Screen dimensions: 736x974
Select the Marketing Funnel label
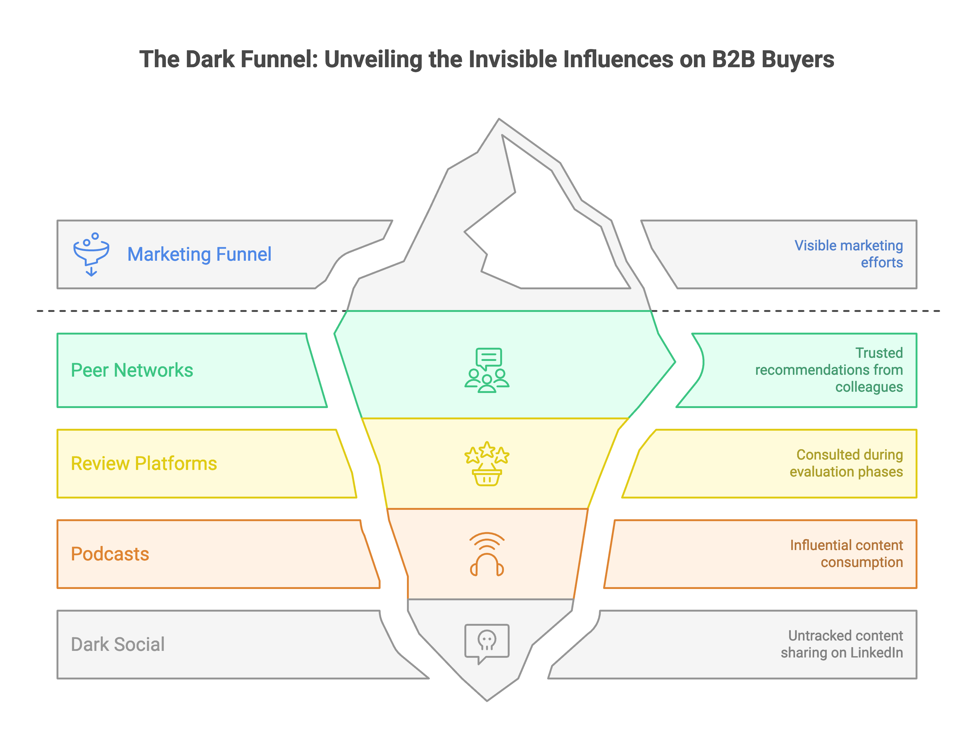[199, 254]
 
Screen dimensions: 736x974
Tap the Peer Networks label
[132, 370]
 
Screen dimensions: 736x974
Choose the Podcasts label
[110, 554]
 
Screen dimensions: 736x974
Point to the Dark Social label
[117, 644]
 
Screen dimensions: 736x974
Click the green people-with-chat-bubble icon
[487, 370]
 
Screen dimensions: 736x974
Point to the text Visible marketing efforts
[848, 254]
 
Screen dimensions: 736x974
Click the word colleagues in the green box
[869, 387]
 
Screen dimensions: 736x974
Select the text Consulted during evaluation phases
[846, 463]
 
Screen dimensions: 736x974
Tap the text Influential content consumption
[846, 554]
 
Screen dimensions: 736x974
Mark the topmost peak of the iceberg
[499, 119]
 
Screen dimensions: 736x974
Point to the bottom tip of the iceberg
[487, 700]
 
